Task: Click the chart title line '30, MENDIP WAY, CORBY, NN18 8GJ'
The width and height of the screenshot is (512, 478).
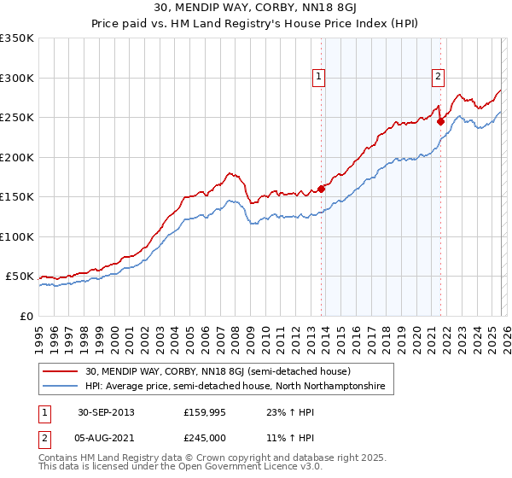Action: [256, 9]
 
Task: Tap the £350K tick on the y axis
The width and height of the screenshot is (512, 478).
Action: [17, 38]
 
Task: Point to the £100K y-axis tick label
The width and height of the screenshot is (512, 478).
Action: [17, 236]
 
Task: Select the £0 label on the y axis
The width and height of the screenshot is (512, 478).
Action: [26, 316]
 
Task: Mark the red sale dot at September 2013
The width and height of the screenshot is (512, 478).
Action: [322, 189]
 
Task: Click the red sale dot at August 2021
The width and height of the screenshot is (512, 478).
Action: [440, 121]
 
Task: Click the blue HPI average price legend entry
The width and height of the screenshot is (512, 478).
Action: [235, 387]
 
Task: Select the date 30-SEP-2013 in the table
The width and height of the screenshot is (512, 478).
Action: [107, 411]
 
